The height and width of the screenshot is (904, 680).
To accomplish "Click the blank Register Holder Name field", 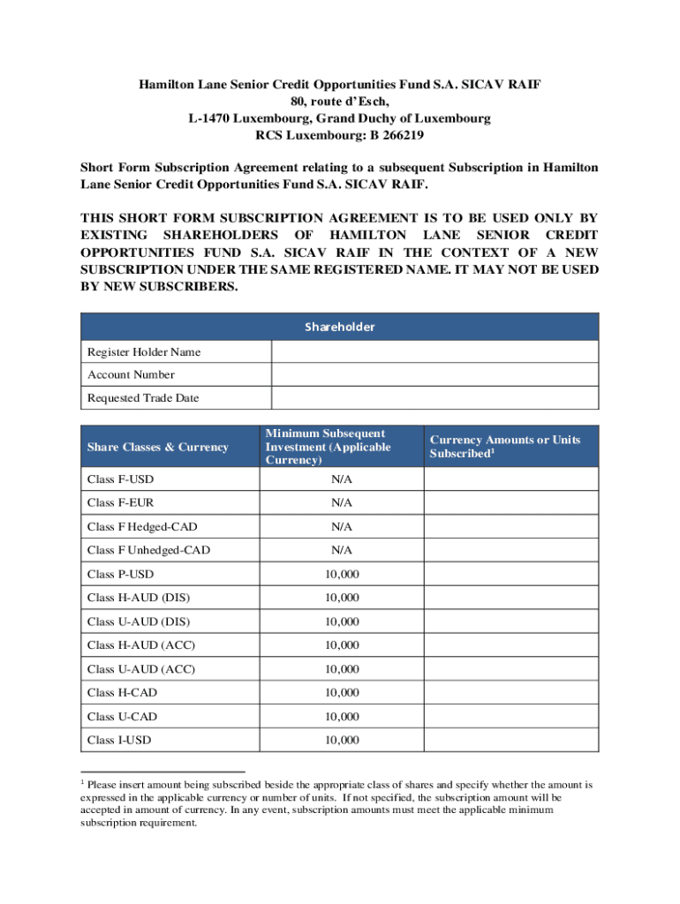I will coord(434,352).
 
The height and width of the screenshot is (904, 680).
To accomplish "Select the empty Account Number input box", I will coord(434,375).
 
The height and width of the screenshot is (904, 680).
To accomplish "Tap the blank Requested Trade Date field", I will coord(434,398).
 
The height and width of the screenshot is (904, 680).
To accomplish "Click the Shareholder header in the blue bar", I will coord(340,327).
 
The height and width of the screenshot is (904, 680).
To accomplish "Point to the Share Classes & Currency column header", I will coord(157,447).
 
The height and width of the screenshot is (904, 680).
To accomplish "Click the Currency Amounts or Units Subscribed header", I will coord(504,447).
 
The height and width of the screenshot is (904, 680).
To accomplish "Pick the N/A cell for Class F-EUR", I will coord(342,503).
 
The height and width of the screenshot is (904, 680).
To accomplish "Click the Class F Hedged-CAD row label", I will coord(142,527).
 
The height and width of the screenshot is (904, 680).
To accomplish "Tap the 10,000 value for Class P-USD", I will coord(342,575).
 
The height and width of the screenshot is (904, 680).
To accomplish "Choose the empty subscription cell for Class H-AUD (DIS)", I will coord(511,598).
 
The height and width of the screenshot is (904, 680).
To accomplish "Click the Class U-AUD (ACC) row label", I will coord(141,669).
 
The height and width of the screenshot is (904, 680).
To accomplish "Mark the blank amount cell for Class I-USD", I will coord(511,740).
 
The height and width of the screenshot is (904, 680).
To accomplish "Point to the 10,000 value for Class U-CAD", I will coord(342,716).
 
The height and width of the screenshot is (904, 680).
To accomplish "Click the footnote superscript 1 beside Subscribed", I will coord(491,450).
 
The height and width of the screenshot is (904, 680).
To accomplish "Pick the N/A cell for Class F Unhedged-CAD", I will coord(342,551).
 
